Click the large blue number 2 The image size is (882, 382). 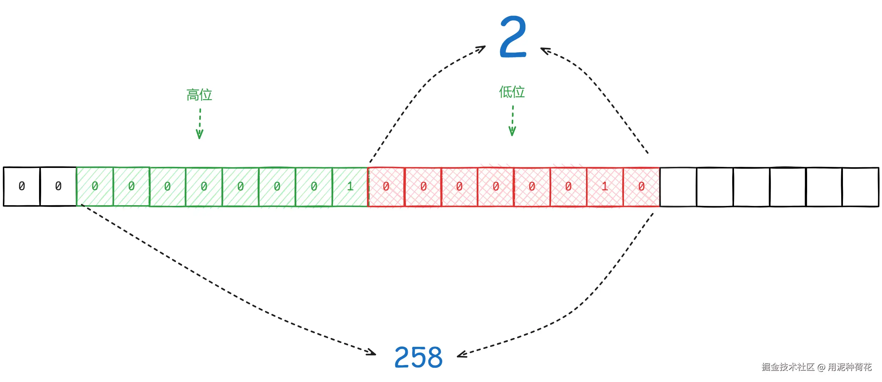click(513, 37)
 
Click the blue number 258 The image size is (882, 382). click(418, 357)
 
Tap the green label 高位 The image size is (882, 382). click(199, 95)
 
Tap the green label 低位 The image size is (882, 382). click(511, 92)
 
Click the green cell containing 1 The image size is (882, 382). click(350, 187)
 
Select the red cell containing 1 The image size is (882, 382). click(605, 187)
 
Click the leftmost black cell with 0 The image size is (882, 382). click(22, 186)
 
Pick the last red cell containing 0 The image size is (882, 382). click(641, 187)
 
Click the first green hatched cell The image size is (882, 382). click(95, 187)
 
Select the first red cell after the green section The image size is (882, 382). click(386, 187)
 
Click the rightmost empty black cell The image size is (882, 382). click(860, 187)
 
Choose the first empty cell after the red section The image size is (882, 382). click(678, 187)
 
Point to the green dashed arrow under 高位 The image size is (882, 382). click(200, 124)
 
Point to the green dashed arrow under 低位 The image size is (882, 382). click(512, 121)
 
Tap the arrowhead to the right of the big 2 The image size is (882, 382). click(544, 50)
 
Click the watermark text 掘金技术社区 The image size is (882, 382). click(788, 367)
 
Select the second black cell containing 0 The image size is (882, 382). click(58, 186)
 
